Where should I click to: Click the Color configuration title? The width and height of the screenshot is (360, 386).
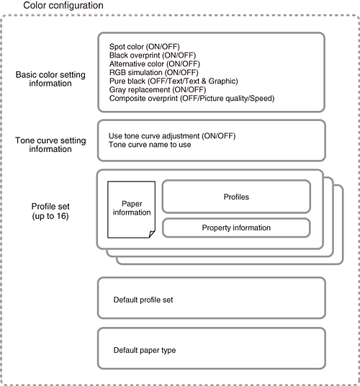pos(63,6)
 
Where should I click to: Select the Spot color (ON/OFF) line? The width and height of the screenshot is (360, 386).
pos(145,47)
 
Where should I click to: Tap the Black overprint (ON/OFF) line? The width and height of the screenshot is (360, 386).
pos(153,55)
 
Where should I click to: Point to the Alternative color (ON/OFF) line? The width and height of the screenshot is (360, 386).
pos(155,64)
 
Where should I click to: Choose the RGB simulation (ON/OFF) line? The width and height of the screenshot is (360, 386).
pos(154,72)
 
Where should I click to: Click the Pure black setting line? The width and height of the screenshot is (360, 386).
pos(174,81)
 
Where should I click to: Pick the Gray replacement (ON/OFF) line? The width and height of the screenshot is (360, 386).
pos(158,89)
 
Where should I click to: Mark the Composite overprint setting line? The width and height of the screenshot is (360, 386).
pos(192,98)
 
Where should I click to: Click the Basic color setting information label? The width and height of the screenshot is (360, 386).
pos(50,79)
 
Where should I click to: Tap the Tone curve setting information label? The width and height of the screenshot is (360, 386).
pos(50,145)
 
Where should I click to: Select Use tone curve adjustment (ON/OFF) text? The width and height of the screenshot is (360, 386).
pos(172,136)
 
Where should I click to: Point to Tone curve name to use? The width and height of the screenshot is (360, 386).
pos(150,145)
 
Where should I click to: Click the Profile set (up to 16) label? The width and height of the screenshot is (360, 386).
pos(50,211)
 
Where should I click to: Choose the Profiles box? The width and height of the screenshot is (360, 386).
pos(236,197)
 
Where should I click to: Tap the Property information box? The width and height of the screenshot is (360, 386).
pos(236,228)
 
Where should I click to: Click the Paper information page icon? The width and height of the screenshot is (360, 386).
pos(132,210)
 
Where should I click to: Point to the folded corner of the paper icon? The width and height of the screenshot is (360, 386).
pos(152,234)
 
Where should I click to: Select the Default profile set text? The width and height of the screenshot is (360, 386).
pos(143,300)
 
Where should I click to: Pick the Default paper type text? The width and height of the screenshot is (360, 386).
pos(145,350)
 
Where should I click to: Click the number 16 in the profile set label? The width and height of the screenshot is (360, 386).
pos(62,216)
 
